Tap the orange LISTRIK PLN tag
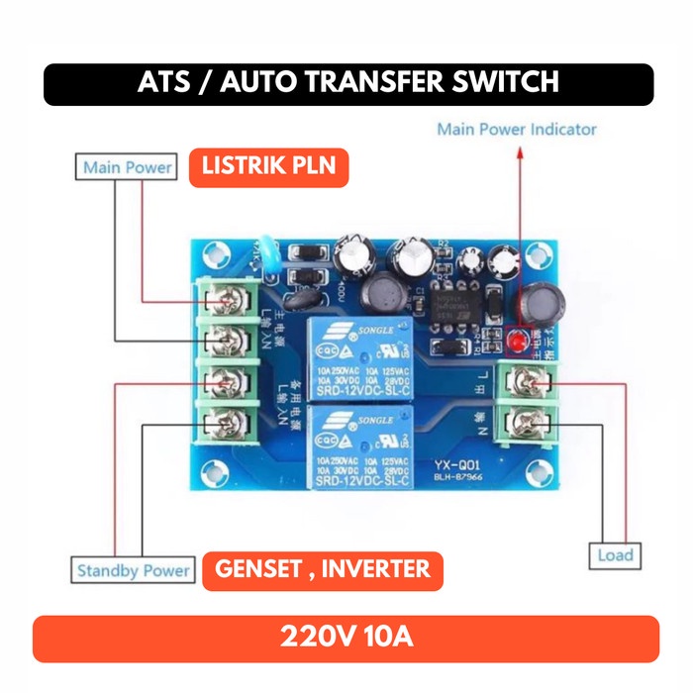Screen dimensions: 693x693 pyautogui.click(x=268, y=165)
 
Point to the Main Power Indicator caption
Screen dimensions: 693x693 pyautogui.click(x=517, y=129)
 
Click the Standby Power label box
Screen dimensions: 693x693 pyautogui.click(x=134, y=570)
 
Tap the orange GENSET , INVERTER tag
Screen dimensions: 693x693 pyautogui.click(x=323, y=569)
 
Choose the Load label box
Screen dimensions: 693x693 pyautogui.click(x=615, y=555)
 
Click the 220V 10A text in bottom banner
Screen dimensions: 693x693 pyautogui.click(x=346, y=637)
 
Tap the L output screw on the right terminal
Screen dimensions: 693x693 pyautogui.click(x=527, y=382)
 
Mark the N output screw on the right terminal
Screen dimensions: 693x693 pyautogui.click(x=527, y=425)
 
